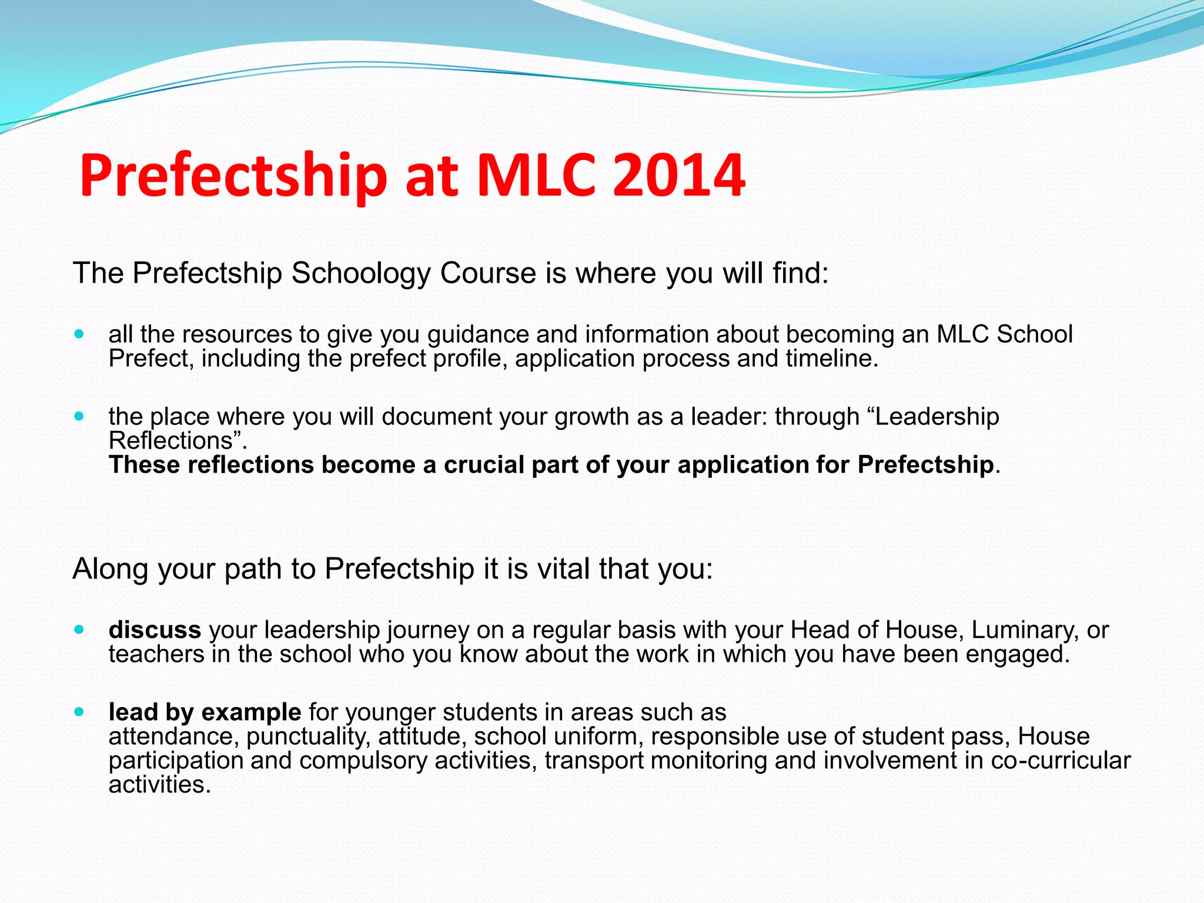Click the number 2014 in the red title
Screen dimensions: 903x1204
pyautogui.click(x=678, y=175)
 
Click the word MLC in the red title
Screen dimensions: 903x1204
pyautogui.click(x=536, y=175)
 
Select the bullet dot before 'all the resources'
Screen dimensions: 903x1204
pyautogui.click(x=79, y=335)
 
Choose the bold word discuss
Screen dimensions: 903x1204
pyautogui.click(x=155, y=630)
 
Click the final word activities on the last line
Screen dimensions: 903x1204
pyautogui.click(x=159, y=785)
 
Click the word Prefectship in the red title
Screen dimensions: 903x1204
pyautogui.click(x=233, y=175)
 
